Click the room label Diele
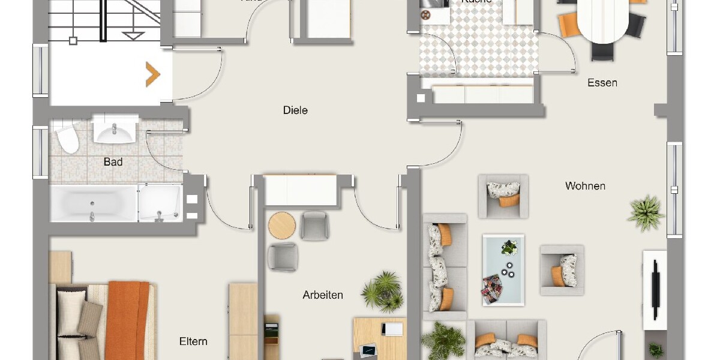click(x=295, y=110)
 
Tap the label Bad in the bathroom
click(x=113, y=162)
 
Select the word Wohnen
click(x=585, y=186)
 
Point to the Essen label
click(x=602, y=83)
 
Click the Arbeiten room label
click(x=323, y=295)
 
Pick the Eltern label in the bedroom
click(x=193, y=341)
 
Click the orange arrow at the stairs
click(x=153, y=74)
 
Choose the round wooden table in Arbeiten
click(x=282, y=226)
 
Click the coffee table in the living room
click(x=503, y=265)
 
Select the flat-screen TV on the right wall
click(x=655, y=290)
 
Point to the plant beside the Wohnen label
click(x=646, y=212)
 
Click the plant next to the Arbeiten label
click(x=382, y=291)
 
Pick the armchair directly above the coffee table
click(x=503, y=196)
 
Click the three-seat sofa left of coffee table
click(x=445, y=267)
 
